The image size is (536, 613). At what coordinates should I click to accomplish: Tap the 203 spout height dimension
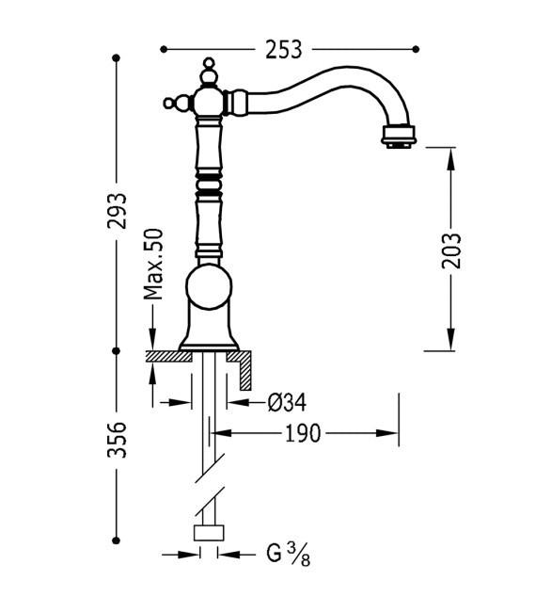tap(451, 250)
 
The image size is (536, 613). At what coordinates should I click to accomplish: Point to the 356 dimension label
tap(117, 440)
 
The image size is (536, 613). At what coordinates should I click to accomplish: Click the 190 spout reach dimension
tap(300, 433)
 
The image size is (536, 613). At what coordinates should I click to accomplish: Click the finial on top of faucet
tap(209, 70)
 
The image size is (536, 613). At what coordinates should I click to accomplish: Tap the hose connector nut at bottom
tap(208, 533)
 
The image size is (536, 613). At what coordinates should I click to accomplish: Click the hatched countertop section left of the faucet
tap(167, 356)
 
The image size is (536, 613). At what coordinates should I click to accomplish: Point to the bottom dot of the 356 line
tap(117, 539)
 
